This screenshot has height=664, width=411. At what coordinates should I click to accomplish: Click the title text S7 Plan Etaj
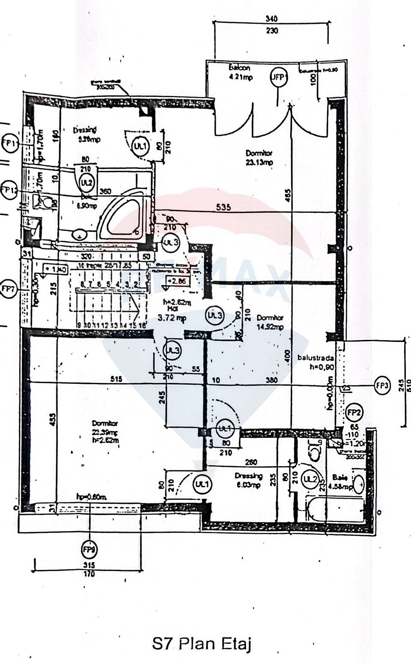click(x=201, y=644)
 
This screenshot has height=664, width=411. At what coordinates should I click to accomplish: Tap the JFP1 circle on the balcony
click(x=279, y=78)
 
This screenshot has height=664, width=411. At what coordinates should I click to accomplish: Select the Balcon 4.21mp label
click(x=240, y=72)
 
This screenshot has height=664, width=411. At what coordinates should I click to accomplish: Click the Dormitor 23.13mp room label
click(x=259, y=158)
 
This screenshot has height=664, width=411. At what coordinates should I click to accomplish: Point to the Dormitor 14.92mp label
click(x=270, y=322)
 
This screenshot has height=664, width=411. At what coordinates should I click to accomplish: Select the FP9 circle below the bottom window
click(x=89, y=549)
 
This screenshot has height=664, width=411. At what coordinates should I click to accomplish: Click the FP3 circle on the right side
click(x=382, y=385)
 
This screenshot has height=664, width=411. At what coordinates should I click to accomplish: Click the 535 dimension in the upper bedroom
click(x=223, y=207)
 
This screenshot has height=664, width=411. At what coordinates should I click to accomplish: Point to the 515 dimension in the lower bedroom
click(x=116, y=379)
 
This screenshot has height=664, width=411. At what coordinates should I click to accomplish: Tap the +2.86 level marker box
click(x=177, y=281)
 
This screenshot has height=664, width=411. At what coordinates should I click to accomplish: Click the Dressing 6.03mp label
click(x=248, y=480)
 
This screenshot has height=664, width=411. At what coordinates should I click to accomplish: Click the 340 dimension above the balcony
click(x=271, y=19)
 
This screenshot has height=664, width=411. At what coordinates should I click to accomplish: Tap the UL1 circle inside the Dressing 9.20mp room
click(x=140, y=146)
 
